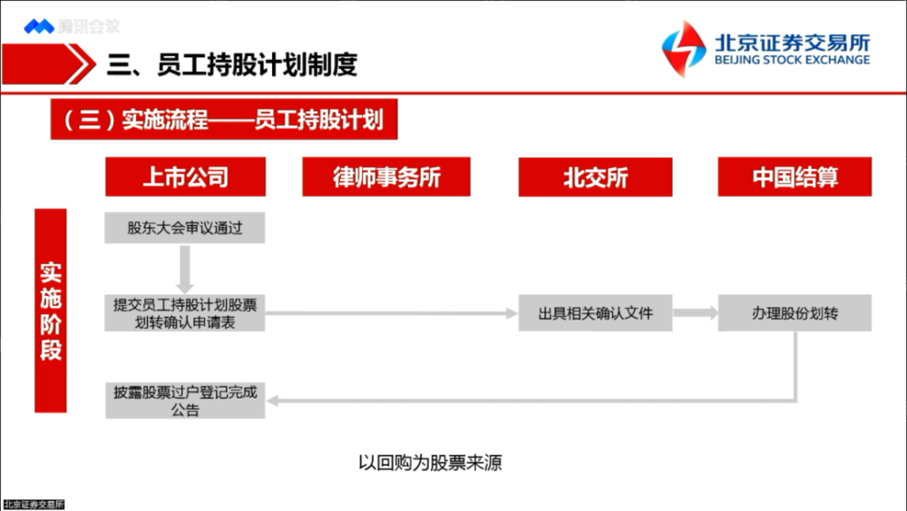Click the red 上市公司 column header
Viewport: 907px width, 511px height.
[185, 177]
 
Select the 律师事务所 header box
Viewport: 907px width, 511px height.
[386, 177]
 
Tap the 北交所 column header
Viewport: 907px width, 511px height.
[595, 177]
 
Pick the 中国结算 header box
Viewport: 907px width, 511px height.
[795, 177]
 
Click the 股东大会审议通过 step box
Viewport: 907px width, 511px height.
[185, 228]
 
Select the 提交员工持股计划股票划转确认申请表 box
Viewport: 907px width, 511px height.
[185, 313]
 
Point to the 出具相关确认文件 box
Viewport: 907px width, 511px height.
[595, 313]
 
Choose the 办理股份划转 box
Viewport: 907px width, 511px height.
[795, 313]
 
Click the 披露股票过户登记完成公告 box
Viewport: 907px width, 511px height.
[185, 401]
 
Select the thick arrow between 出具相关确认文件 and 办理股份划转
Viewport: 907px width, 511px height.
[695, 313]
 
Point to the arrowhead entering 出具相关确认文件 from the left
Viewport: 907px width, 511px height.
[510, 313]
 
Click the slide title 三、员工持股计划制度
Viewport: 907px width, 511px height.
[232, 64]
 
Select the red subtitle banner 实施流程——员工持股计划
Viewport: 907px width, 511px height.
[224, 120]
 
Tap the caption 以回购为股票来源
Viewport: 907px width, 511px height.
[430, 463]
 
